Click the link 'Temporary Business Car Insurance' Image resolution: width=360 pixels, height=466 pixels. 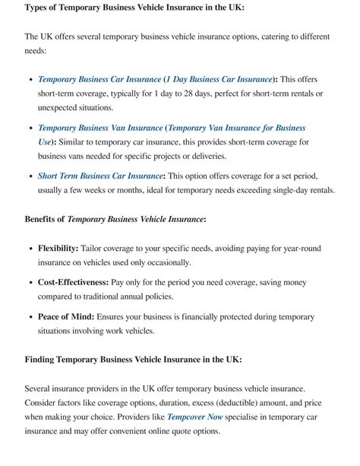(99, 79)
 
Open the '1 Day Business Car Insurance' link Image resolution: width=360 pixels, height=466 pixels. (219, 79)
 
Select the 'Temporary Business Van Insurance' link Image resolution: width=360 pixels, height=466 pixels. (100, 128)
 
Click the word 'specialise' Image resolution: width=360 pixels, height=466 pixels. (254, 417)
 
